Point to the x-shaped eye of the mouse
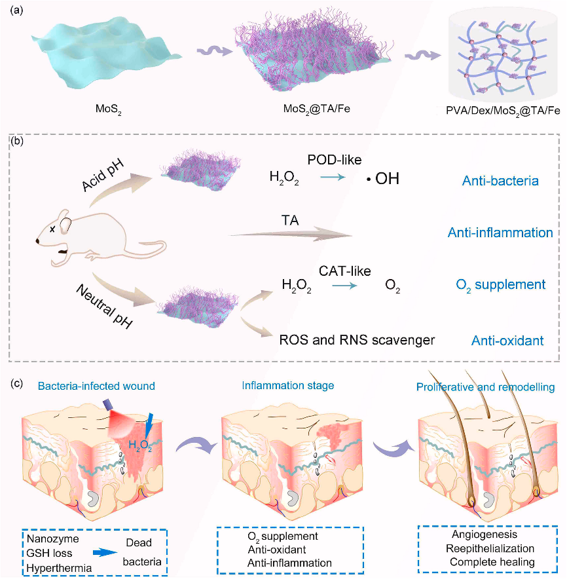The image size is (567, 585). (x=52, y=229)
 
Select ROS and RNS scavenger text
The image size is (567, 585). (x=357, y=340)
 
